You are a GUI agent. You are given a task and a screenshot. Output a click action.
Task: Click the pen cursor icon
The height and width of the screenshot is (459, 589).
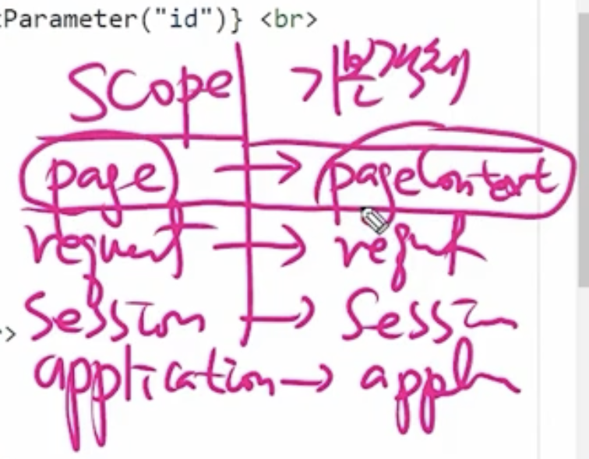(374, 220)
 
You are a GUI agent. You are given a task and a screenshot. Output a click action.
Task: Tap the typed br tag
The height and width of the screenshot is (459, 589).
(287, 18)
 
